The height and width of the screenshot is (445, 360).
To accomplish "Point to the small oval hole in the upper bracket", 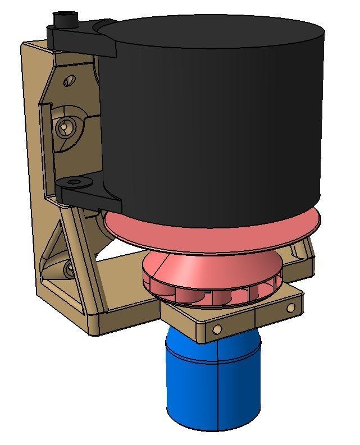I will [x=69, y=81].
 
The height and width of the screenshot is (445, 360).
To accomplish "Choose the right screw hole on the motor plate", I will [x=290, y=308].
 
